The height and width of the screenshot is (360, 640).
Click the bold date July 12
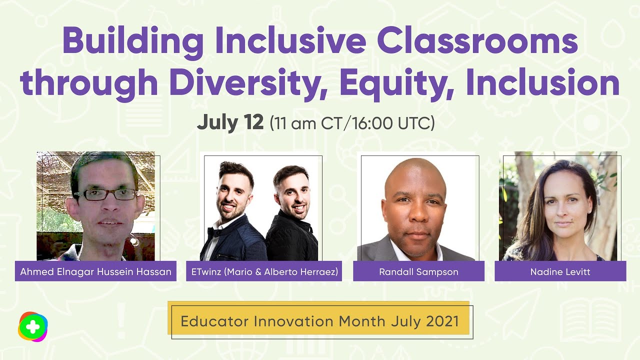(230, 122)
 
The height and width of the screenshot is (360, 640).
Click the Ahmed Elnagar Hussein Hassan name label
(95, 271)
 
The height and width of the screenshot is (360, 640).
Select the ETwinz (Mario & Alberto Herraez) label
(264, 271)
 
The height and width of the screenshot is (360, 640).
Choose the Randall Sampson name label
(418, 271)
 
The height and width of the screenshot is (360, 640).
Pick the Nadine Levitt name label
(560, 271)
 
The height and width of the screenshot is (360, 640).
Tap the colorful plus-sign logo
(32, 326)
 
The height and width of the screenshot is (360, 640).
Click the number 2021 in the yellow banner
(442, 321)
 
